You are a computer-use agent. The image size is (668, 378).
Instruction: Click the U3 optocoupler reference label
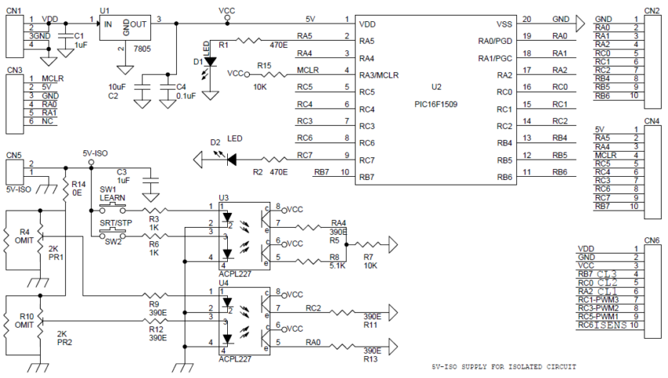[224, 197]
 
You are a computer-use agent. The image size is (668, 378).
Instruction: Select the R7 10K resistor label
[369, 260]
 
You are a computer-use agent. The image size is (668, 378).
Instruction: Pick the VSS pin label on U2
[505, 24]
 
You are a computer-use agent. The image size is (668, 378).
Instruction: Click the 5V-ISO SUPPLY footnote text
[504, 366]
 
